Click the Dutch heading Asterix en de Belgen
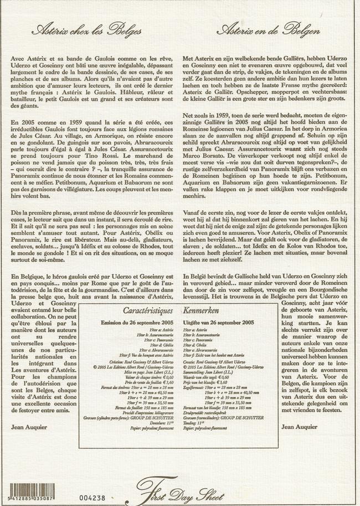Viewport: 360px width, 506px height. [270, 29]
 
